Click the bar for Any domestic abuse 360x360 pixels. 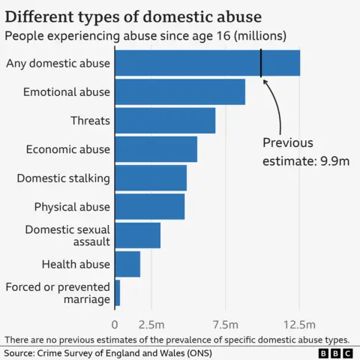tap(207, 63)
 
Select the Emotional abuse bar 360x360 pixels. tap(180, 91)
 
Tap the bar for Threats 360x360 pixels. tap(165, 120)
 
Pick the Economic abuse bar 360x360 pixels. tap(156, 149)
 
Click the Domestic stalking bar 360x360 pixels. tap(151, 178)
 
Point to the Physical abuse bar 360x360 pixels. tap(150, 206)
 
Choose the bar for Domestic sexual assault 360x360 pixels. tap(138, 235)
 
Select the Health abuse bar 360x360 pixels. tap(127, 264)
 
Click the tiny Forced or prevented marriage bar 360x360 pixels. tap(118, 292)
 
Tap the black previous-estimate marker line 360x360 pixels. tap(261, 63)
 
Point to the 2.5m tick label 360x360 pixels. tap(151, 325)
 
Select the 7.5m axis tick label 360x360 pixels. tap(225, 325)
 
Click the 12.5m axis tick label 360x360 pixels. tap(299, 325)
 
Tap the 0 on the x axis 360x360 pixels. tap(115, 325)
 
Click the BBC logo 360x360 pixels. tap(334, 352)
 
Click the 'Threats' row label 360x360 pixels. tap(90, 121)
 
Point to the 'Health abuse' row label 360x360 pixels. tap(76, 264)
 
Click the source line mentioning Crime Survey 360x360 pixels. tap(107, 352)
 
